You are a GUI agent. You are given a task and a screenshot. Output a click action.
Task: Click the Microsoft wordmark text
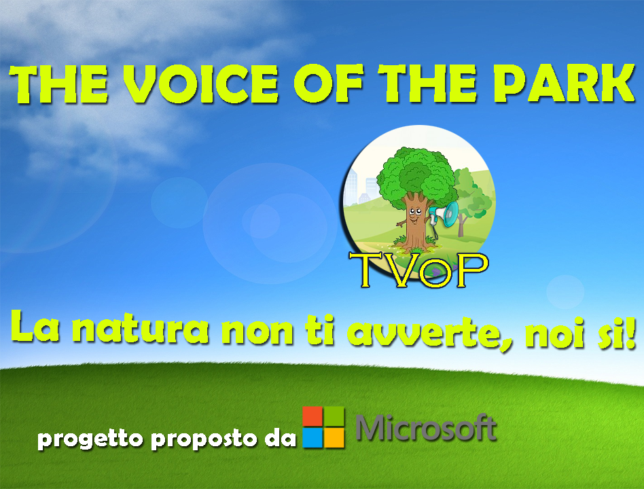pyautogui.click(x=427, y=428)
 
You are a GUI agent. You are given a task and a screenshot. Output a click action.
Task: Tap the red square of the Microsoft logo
pyautogui.click(x=312, y=416)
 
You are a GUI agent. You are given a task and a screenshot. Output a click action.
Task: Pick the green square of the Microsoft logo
pyautogui.click(x=334, y=416)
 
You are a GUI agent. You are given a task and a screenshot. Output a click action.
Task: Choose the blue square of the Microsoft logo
pyautogui.click(x=312, y=437)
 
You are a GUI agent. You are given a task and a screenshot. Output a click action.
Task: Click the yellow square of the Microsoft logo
pyautogui.click(x=334, y=437)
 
